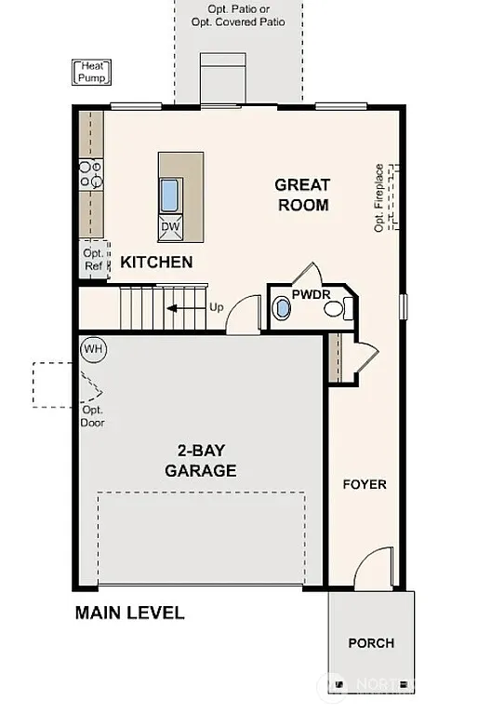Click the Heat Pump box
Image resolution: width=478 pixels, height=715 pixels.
90,71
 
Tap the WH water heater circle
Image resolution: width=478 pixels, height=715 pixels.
93,349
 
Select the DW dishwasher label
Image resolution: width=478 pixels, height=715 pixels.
170,226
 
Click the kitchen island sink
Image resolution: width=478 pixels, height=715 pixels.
170,196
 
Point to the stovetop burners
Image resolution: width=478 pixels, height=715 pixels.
90,174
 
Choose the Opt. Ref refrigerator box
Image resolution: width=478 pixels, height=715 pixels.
93,259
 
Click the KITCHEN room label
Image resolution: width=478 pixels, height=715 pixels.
156,263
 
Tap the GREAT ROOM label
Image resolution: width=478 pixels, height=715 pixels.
303,195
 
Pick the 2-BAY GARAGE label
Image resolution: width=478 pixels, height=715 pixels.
200,460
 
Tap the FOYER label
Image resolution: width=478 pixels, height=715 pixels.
365,484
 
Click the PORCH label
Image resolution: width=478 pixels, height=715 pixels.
371,642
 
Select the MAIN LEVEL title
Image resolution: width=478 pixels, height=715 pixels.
129,613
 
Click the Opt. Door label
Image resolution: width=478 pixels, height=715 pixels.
92,416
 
